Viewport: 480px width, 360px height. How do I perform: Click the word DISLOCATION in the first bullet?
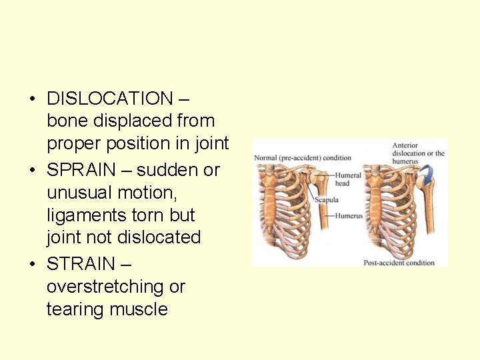[x=110, y=99]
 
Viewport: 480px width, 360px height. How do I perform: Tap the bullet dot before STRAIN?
[x=31, y=265]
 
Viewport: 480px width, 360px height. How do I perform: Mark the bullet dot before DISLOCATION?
[x=31, y=99]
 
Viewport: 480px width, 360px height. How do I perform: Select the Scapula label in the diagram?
[x=327, y=199]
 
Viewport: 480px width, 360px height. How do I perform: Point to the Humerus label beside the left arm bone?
[x=349, y=216]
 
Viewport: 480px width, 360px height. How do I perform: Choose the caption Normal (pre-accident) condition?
[x=303, y=158]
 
